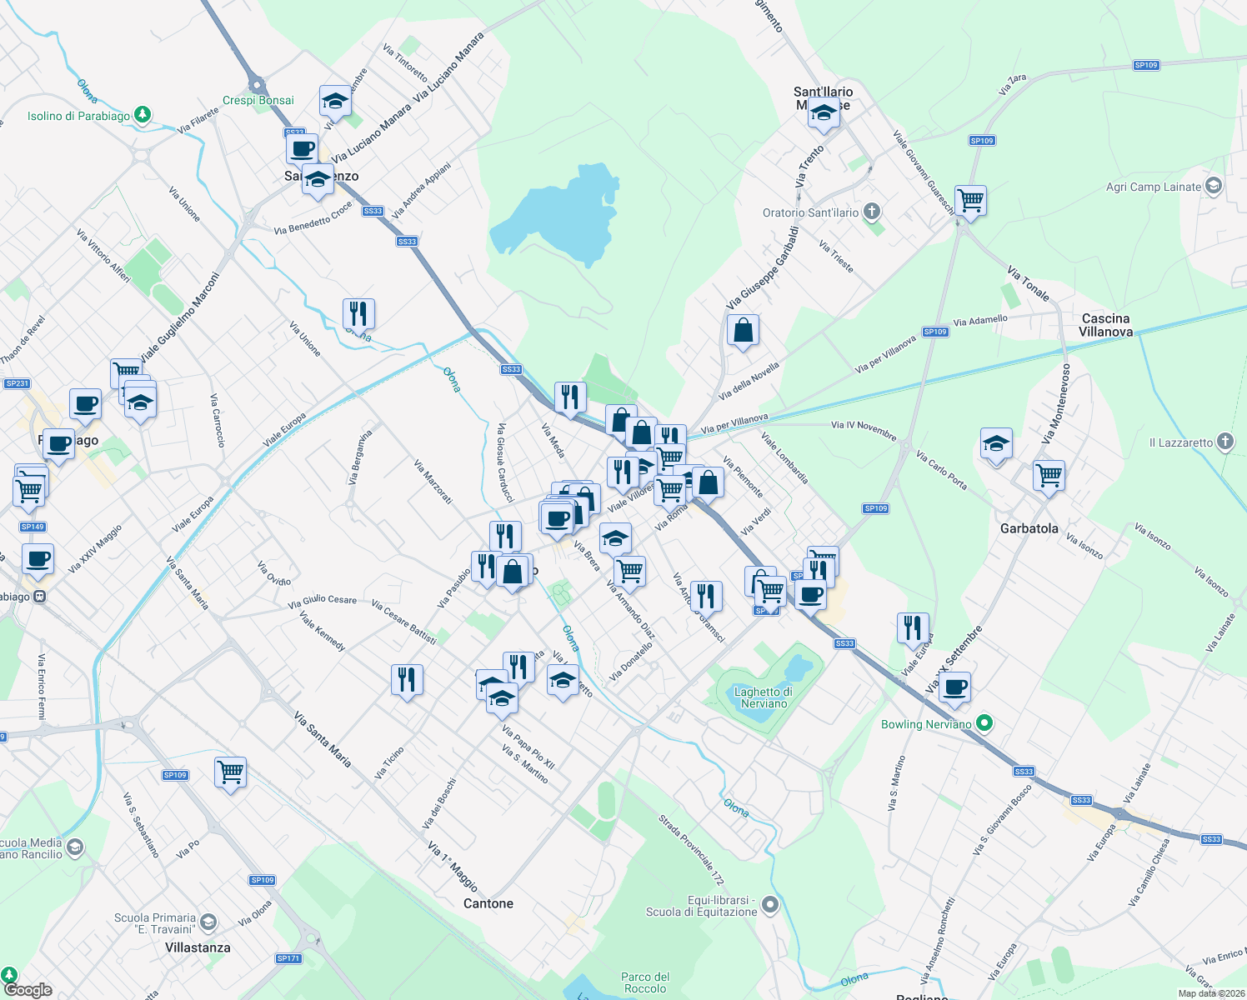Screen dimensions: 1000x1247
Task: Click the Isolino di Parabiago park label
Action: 78,116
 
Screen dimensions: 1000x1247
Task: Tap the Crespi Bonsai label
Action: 258,100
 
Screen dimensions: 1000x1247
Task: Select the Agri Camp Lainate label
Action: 1154,187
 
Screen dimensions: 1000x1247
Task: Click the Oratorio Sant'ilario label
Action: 810,212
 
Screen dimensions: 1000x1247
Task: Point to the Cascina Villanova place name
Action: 1105,325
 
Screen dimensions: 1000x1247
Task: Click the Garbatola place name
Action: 1029,528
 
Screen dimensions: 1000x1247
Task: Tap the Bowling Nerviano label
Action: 926,724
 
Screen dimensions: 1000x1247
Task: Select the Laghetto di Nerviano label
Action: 764,697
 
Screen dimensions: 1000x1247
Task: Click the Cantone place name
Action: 488,903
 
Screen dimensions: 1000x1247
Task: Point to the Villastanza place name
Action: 198,947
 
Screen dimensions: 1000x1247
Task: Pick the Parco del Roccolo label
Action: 645,982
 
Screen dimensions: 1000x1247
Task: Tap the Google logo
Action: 28,989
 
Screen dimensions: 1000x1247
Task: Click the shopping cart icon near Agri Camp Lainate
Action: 970,201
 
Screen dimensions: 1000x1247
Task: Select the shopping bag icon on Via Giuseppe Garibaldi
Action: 743,331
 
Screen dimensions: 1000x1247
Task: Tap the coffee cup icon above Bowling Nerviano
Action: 954,687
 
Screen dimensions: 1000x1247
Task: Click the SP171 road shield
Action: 288,958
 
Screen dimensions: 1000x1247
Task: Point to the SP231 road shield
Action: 17,383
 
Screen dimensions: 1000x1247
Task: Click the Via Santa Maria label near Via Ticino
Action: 323,739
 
